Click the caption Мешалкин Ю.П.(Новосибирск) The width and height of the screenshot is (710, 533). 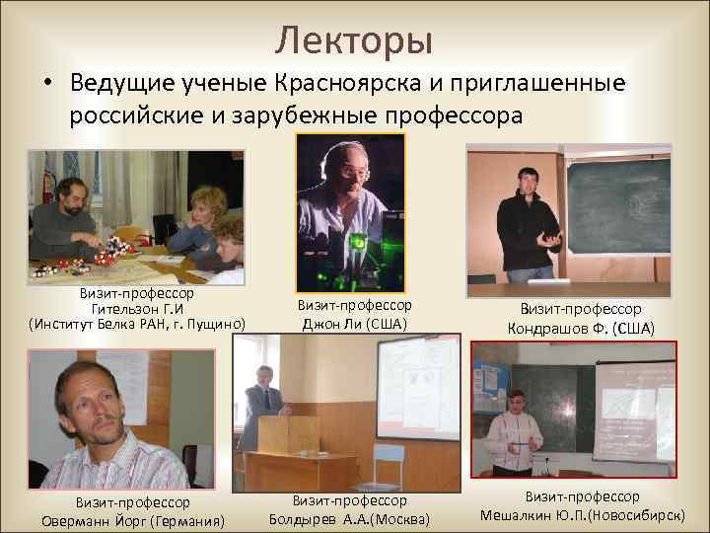[582, 514]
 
